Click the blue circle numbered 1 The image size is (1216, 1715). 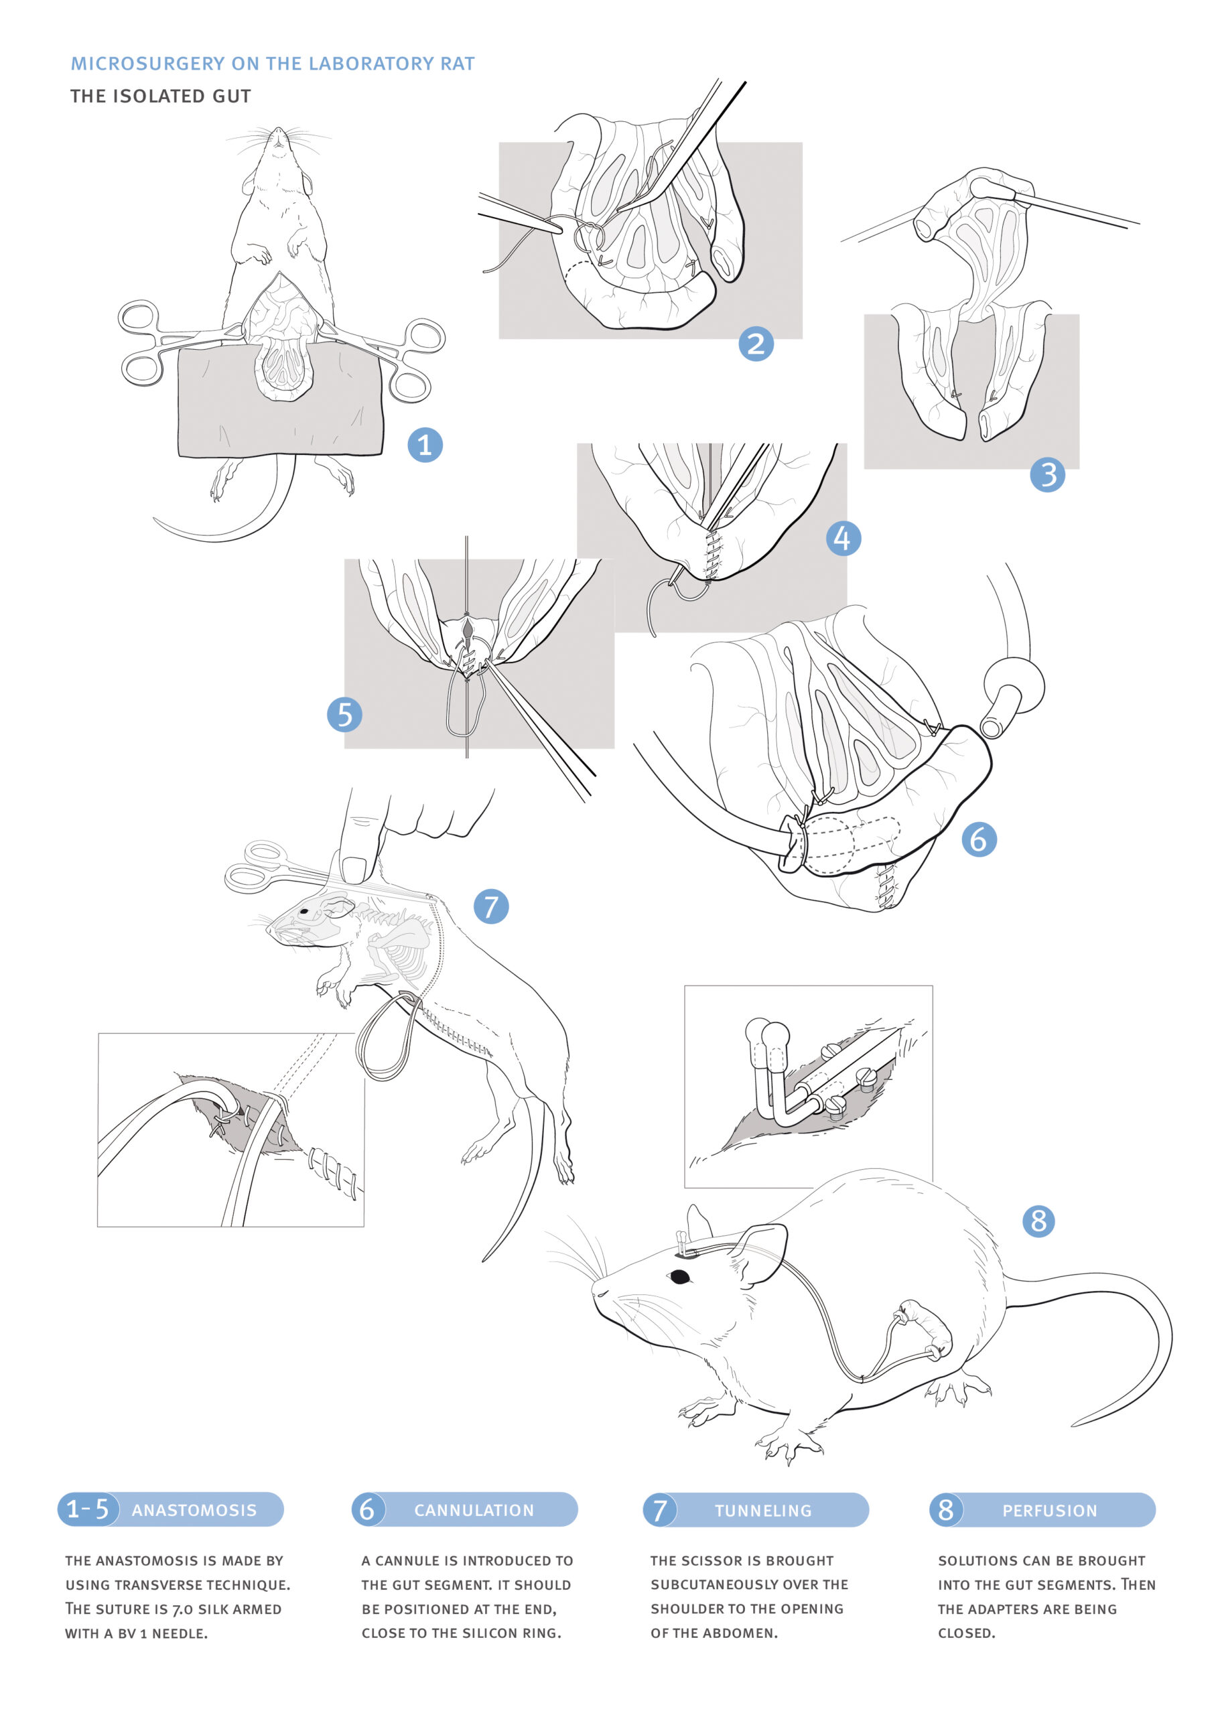coord(425,445)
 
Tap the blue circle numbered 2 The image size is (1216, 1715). coord(756,344)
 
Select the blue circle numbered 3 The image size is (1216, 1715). coord(1048,474)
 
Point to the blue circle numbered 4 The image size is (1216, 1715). coord(843,538)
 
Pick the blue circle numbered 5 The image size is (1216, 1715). coord(344,714)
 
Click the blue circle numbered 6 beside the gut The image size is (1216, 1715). coord(979,839)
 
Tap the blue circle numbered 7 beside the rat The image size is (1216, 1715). coord(491,906)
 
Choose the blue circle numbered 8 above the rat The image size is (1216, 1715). coord(1038,1221)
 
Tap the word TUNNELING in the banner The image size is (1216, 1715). coord(763,1511)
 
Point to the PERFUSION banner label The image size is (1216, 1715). coord(1050,1511)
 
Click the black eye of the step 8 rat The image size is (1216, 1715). coord(680,1276)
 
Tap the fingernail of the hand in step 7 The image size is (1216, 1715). coord(354,869)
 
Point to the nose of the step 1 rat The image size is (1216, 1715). coord(279,132)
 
